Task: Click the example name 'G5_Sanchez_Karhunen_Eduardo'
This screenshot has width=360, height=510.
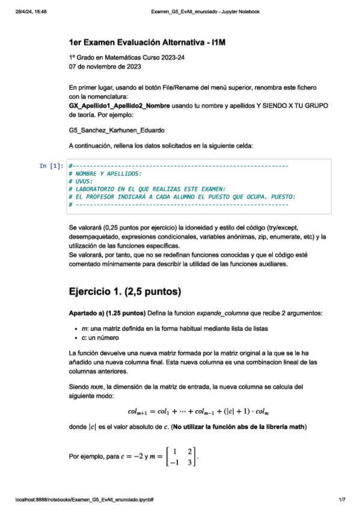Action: (117, 129)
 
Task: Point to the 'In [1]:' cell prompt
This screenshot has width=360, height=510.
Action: (51, 165)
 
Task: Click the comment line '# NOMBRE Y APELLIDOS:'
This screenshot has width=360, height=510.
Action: (106, 173)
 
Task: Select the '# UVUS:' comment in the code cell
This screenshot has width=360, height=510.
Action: (81, 180)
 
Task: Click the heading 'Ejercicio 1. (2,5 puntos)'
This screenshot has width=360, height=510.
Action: (126, 292)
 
